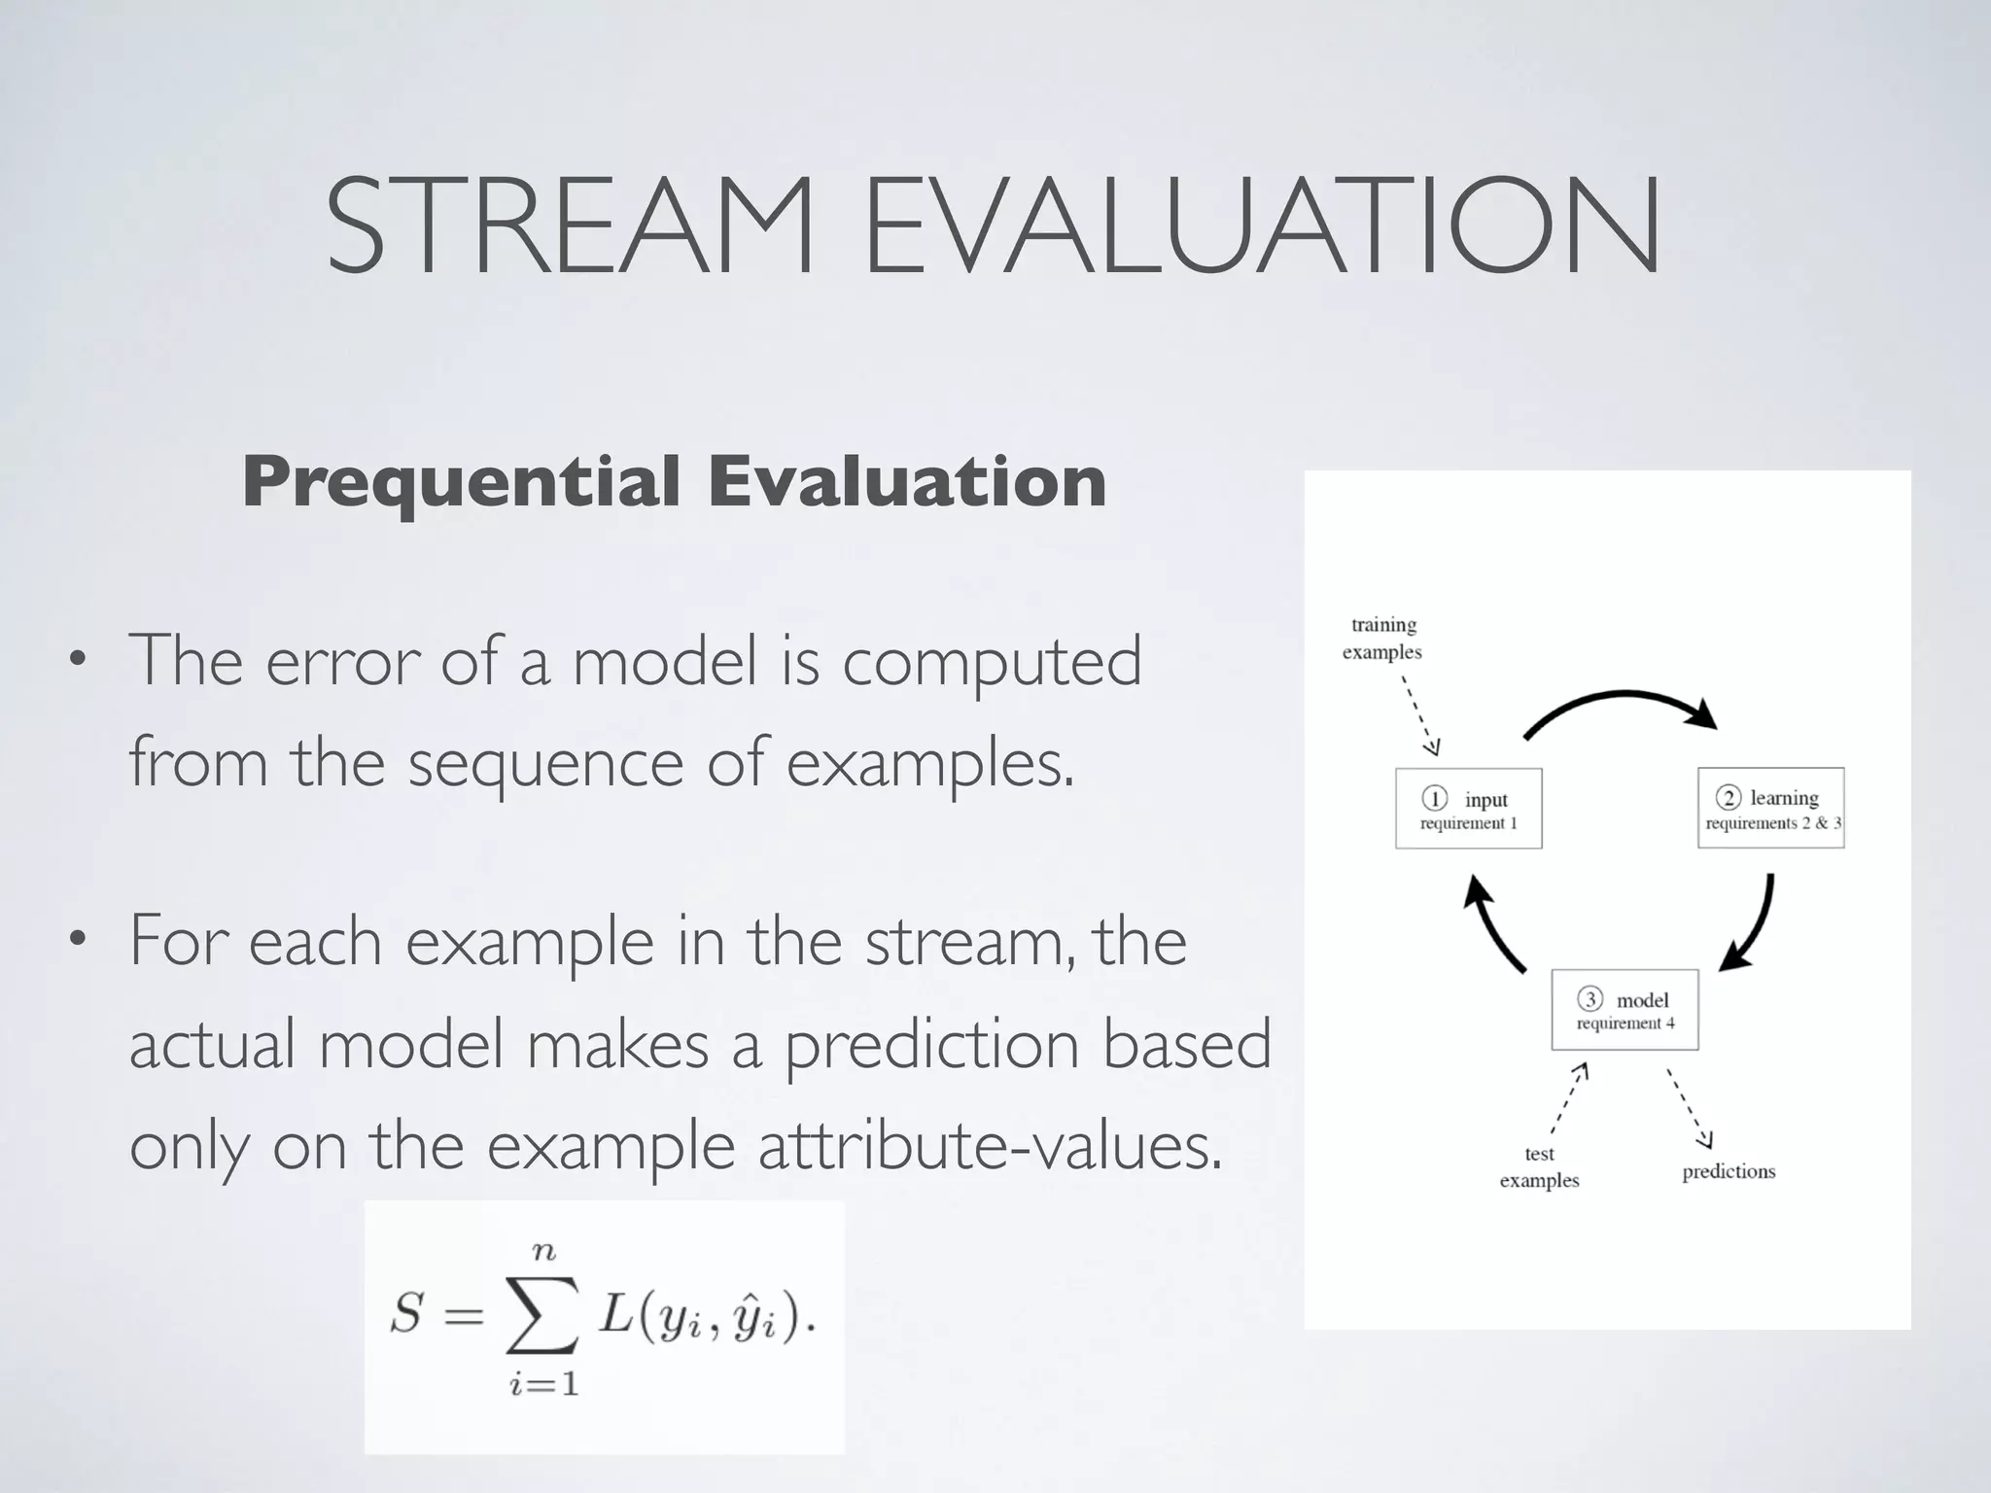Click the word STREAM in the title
coord(569,226)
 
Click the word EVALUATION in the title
coord(1261,226)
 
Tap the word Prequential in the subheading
coord(462,482)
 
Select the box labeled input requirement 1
coord(1468,809)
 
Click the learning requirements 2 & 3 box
coord(1770,808)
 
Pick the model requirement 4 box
coord(1624,1009)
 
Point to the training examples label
coord(1382,638)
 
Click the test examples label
coord(1539,1166)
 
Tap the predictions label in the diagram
coord(1729,1171)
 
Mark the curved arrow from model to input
coord(1491,923)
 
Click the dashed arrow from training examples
coord(1419,714)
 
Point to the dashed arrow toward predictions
coord(1690,1108)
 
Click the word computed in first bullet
coord(991,661)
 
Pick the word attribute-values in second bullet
coord(989,1147)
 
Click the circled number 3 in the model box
coord(1589,999)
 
